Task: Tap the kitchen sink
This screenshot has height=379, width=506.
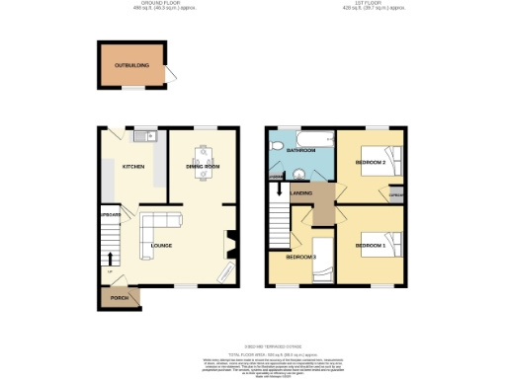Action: pyautogui.click(x=143, y=136)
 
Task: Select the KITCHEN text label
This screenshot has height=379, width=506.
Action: pyautogui.click(x=133, y=167)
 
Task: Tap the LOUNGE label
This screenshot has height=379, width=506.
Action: pyautogui.click(x=161, y=245)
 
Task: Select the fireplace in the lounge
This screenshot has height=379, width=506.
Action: pyautogui.click(x=230, y=242)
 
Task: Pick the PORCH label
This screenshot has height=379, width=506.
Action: pyautogui.click(x=119, y=297)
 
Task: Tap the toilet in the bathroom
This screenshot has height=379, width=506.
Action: pyautogui.click(x=280, y=149)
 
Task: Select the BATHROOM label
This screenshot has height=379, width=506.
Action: pyautogui.click(x=300, y=151)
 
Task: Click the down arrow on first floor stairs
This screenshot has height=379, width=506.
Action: pyautogui.click(x=281, y=189)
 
